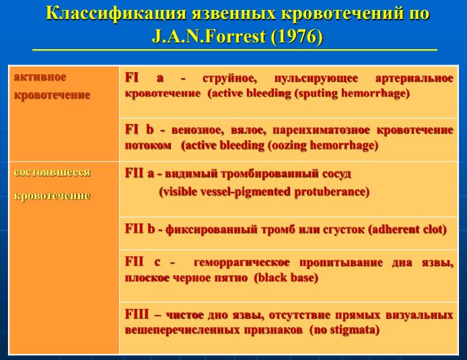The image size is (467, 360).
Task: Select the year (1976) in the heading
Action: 297,36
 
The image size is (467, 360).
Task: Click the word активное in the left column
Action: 40,77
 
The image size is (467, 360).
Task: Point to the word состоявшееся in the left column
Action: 52,172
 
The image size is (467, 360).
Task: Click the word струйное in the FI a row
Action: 229,78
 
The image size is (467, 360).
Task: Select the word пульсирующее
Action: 316,79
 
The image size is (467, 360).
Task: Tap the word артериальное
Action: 415,78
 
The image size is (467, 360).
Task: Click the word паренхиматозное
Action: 321,130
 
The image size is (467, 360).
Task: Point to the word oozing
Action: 288,145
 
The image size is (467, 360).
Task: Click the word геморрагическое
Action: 242,262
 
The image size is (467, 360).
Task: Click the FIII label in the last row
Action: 137,314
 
